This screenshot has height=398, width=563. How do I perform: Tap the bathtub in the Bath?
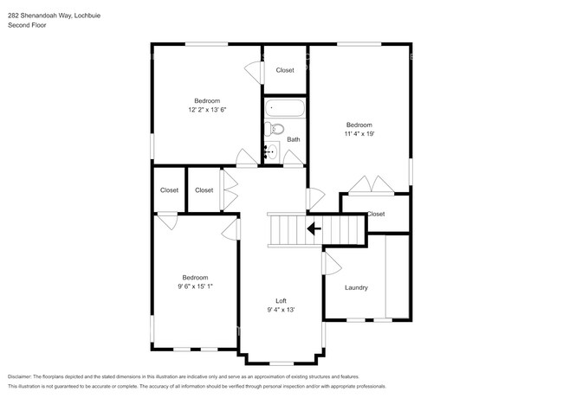coord(285,110)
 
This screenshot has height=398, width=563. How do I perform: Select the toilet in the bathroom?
coord(276,130)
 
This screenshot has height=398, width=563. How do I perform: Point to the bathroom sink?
coord(271,152)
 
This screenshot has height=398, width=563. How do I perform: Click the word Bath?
coord(294,139)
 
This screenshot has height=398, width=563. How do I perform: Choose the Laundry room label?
coord(356,287)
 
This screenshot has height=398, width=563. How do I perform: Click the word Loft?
coord(281,300)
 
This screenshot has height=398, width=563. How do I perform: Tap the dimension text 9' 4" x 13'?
coord(281,310)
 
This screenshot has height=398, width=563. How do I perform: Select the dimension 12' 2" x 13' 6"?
coord(207,110)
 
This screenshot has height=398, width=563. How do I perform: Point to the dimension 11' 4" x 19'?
coord(359,134)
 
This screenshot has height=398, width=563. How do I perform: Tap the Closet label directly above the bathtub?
coord(285,70)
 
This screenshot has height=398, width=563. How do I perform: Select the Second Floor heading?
coord(27,26)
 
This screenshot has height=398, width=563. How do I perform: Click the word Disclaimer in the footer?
coord(23,377)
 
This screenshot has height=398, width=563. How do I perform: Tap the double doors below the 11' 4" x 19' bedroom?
coord(370,185)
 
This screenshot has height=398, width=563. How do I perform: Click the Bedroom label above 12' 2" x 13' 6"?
coord(207,100)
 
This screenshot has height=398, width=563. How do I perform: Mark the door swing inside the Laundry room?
coord(332,260)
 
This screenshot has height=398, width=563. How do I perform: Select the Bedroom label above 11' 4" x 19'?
coord(359,125)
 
